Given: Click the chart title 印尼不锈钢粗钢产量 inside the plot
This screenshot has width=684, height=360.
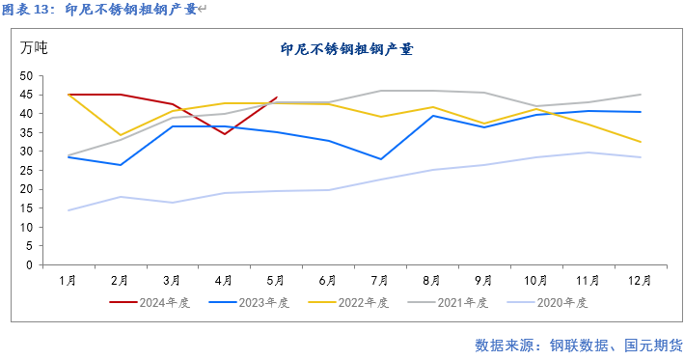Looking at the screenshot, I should coord(346,48).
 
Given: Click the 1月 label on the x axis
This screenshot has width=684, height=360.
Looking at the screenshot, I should coord(68,281).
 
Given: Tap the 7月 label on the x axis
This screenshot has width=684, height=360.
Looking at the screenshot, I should coord(379,281).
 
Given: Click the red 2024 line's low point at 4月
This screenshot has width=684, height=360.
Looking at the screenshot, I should coord(224,134).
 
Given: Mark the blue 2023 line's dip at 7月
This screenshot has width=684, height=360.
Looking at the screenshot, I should coord(379,159).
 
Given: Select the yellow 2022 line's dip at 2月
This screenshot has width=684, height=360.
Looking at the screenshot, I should coord(120,135).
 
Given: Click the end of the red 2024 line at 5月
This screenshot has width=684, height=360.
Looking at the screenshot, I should coord(277,97).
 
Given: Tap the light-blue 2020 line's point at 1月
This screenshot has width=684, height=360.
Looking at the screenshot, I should coord(68,210).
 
